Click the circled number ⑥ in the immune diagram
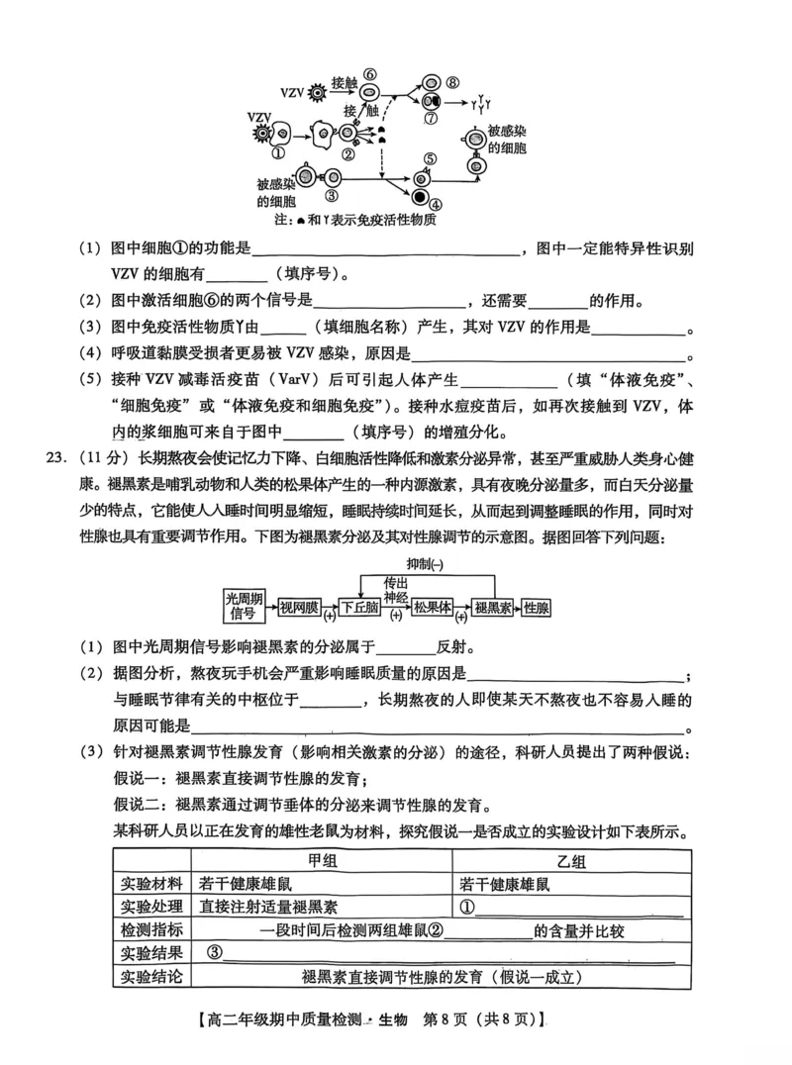pos(368,74)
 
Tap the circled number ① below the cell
pos(277,153)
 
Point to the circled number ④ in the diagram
pos(437,204)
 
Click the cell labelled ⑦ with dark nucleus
pos(432,103)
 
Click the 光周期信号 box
pos(244,606)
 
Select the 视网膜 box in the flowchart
pos(298,607)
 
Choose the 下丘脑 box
pos(360,607)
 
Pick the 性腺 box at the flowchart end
pos(538,607)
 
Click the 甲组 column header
pos(323,861)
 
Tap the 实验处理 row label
pos(151,907)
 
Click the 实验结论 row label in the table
pos(151,977)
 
